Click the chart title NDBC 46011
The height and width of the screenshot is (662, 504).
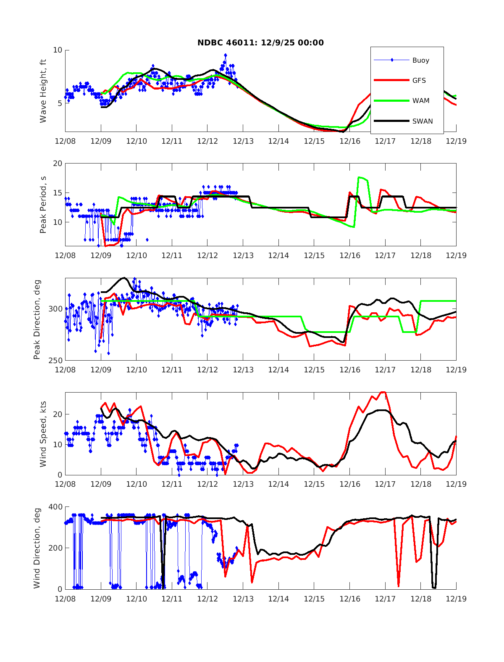click(260, 42)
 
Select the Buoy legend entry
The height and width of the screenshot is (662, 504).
click(420, 60)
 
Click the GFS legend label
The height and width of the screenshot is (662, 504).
click(419, 80)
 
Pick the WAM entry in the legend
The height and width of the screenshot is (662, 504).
click(420, 100)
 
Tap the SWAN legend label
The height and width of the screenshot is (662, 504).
click(422, 121)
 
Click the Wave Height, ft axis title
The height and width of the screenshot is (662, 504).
click(43, 91)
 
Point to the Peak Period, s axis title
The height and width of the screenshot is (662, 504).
click(43, 205)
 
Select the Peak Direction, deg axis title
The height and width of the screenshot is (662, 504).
click(37, 319)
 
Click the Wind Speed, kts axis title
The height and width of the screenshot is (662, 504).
click(43, 433)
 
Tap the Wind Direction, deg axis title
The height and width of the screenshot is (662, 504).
click(37, 548)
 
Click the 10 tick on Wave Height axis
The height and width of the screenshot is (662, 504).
click(57, 50)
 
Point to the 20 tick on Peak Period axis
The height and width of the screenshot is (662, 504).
click(57, 164)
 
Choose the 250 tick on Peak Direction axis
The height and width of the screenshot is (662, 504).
click(55, 360)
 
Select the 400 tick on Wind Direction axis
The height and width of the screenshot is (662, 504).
click(55, 507)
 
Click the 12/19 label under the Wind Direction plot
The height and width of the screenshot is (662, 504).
click(456, 599)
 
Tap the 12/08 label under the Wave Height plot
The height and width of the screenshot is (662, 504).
click(65, 141)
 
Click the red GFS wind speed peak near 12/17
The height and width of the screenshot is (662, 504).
click(383, 392)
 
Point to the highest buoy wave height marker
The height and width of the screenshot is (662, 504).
click(226, 55)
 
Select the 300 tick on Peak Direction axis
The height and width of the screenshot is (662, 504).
click(55, 309)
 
